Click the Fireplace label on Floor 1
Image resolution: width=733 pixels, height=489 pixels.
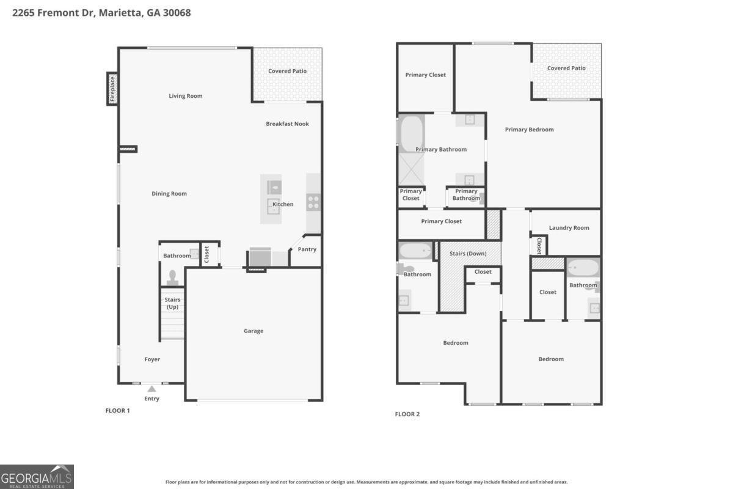(112, 89)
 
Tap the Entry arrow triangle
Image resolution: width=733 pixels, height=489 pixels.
(151, 389)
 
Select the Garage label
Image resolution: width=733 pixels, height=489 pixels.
(253, 331)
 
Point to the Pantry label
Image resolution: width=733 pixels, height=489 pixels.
(307, 249)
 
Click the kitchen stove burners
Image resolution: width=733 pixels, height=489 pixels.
(313, 202)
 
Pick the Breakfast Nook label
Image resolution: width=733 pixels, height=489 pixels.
(287, 124)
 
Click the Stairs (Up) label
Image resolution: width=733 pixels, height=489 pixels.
(172, 303)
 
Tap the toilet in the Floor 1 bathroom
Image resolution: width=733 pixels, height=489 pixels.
(172, 278)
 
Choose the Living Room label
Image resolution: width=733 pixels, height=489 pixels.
(186, 96)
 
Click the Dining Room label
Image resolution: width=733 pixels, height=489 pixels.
(169, 194)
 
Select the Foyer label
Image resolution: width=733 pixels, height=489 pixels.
(152, 359)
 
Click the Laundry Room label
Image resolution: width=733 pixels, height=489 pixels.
(569, 227)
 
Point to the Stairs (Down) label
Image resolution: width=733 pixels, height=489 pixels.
(468, 254)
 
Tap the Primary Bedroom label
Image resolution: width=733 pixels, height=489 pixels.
(529, 130)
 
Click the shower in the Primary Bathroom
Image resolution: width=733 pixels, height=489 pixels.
(411, 169)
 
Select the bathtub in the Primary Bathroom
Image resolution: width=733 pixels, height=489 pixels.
(412, 134)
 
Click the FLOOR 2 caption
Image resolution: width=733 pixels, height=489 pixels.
(407, 414)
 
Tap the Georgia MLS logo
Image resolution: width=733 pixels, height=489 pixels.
(37, 477)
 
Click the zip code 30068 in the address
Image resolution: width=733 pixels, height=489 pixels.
(177, 13)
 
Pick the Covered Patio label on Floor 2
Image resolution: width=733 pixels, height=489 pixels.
(566, 68)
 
